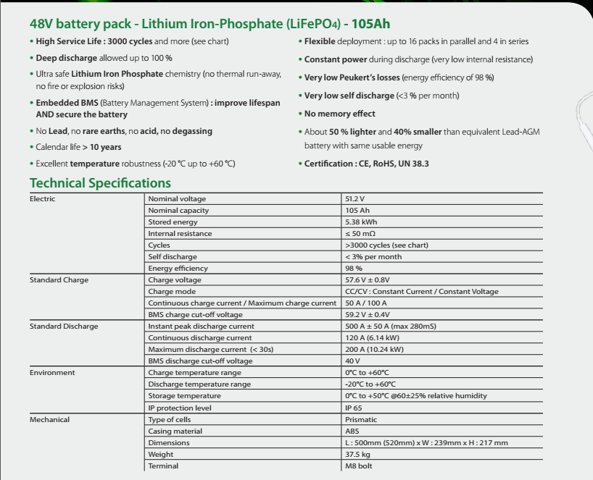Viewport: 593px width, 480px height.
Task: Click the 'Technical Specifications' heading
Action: point(100,182)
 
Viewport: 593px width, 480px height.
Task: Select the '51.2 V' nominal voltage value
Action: point(355,199)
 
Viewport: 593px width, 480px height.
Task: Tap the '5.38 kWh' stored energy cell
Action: point(361,222)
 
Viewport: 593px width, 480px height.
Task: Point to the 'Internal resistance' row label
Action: point(180,234)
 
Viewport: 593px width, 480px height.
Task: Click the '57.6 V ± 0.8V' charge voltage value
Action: point(368,280)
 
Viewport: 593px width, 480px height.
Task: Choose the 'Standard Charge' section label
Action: point(59,280)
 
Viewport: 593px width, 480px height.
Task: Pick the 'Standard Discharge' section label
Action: point(64,327)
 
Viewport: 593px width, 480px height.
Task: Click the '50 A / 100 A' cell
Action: point(366,303)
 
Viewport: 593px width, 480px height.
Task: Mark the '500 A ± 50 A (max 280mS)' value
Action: point(391,327)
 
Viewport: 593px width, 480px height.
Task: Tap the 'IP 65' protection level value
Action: point(354,408)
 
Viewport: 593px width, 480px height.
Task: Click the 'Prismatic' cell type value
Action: point(361,420)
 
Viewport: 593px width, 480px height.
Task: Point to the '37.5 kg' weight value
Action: point(358,455)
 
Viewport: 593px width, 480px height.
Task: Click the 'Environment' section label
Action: point(52,373)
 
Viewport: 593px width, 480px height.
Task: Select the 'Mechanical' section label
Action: point(50,420)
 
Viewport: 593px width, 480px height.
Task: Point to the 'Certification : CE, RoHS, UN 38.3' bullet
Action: point(366,164)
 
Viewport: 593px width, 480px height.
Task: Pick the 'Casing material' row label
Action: point(175,431)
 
